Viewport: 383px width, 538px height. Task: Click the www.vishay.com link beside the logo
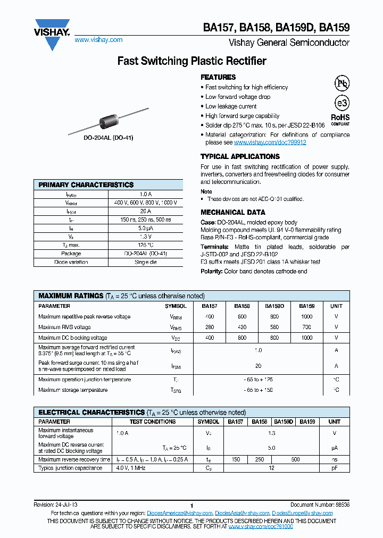98,40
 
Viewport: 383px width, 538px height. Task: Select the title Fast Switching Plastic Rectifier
191,61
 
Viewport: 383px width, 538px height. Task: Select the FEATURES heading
218,77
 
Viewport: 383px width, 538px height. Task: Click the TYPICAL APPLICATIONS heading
240,156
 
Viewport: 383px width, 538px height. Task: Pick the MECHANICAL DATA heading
232,212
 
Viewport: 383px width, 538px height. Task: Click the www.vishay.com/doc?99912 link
270,142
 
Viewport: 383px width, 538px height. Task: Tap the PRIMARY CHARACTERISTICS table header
86,184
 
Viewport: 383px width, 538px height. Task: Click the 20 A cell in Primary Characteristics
145,211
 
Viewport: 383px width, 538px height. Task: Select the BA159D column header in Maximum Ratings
274,306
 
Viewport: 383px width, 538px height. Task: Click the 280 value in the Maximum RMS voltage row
210,327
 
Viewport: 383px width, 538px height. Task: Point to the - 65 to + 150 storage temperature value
258,390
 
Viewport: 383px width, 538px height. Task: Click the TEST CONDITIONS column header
153,422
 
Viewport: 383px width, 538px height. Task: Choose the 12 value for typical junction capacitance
272,468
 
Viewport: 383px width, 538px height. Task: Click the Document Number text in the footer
320,505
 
